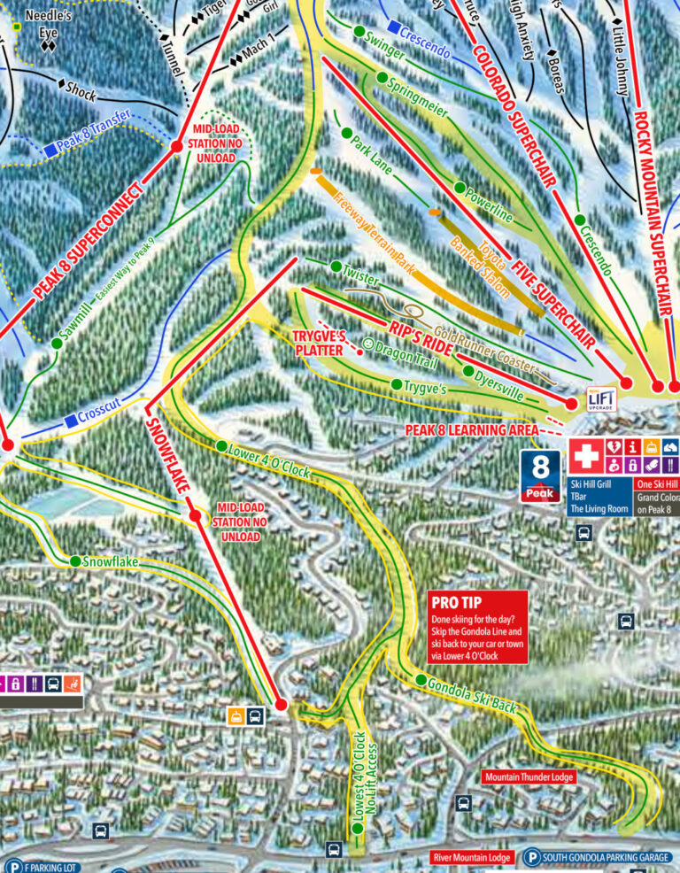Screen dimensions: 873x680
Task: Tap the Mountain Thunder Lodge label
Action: point(529,776)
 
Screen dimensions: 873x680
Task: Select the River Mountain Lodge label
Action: point(471,857)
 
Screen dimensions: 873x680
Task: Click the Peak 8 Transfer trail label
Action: point(93,130)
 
